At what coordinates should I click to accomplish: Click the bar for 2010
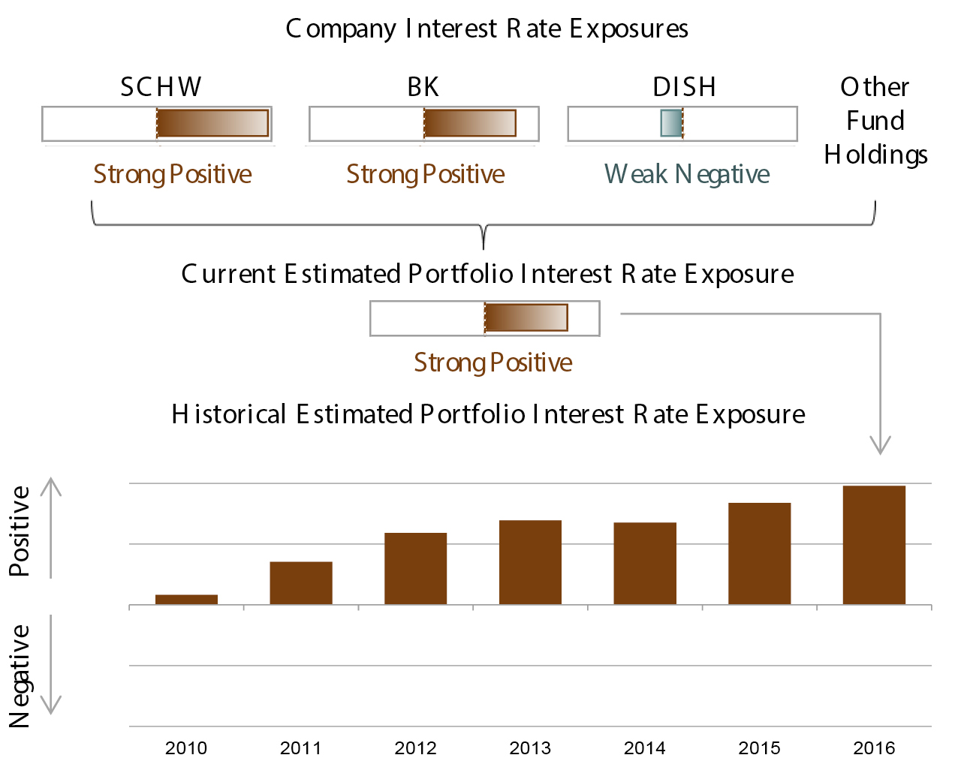pos(186,599)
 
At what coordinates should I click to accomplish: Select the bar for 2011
pos(301,583)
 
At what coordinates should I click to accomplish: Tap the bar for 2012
pos(415,568)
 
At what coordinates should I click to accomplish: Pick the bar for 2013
pos(530,562)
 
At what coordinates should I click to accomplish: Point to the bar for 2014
pos(645,563)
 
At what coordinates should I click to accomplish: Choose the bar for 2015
pos(759,553)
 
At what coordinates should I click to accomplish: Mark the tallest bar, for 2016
pos(874,545)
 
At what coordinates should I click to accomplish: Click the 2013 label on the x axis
pos(530,747)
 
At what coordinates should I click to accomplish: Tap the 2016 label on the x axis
pos(874,747)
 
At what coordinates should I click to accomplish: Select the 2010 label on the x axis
pos(186,747)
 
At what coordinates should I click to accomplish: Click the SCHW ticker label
pos(161,87)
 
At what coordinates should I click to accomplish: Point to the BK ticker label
pos(423,87)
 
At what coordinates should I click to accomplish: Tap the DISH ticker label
pos(684,87)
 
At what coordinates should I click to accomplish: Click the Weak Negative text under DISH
pos(687,174)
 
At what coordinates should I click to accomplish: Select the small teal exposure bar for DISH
pos(670,123)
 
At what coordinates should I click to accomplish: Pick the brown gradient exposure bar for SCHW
pos(212,123)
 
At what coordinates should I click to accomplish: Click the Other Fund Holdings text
pos(875,121)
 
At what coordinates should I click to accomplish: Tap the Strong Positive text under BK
pos(425,174)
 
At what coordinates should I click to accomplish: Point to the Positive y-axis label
pos(20,531)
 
